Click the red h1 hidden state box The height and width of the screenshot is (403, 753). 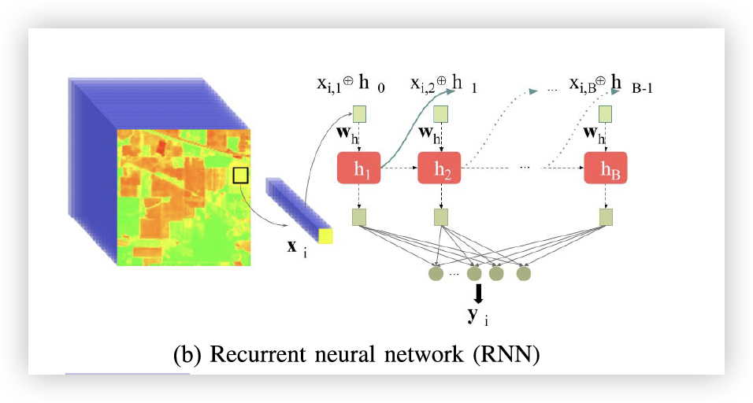click(x=359, y=168)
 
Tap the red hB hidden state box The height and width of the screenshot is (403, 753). click(x=605, y=168)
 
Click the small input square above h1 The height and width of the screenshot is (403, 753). click(x=359, y=114)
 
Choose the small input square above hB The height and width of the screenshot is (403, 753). click(x=605, y=114)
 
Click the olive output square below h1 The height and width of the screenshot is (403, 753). click(x=359, y=216)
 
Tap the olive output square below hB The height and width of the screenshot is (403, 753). click(x=605, y=216)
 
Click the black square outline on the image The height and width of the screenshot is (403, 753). click(x=240, y=175)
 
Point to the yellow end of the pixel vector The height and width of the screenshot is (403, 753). click(x=325, y=236)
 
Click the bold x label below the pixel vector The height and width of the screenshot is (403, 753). click(x=292, y=246)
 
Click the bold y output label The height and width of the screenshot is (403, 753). click(x=473, y=315)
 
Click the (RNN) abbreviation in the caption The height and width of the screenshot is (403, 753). click(x=506, y=354)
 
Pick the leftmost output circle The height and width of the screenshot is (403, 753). click(x=435, y=274)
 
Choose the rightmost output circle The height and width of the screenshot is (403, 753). click(x=523, y=274)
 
